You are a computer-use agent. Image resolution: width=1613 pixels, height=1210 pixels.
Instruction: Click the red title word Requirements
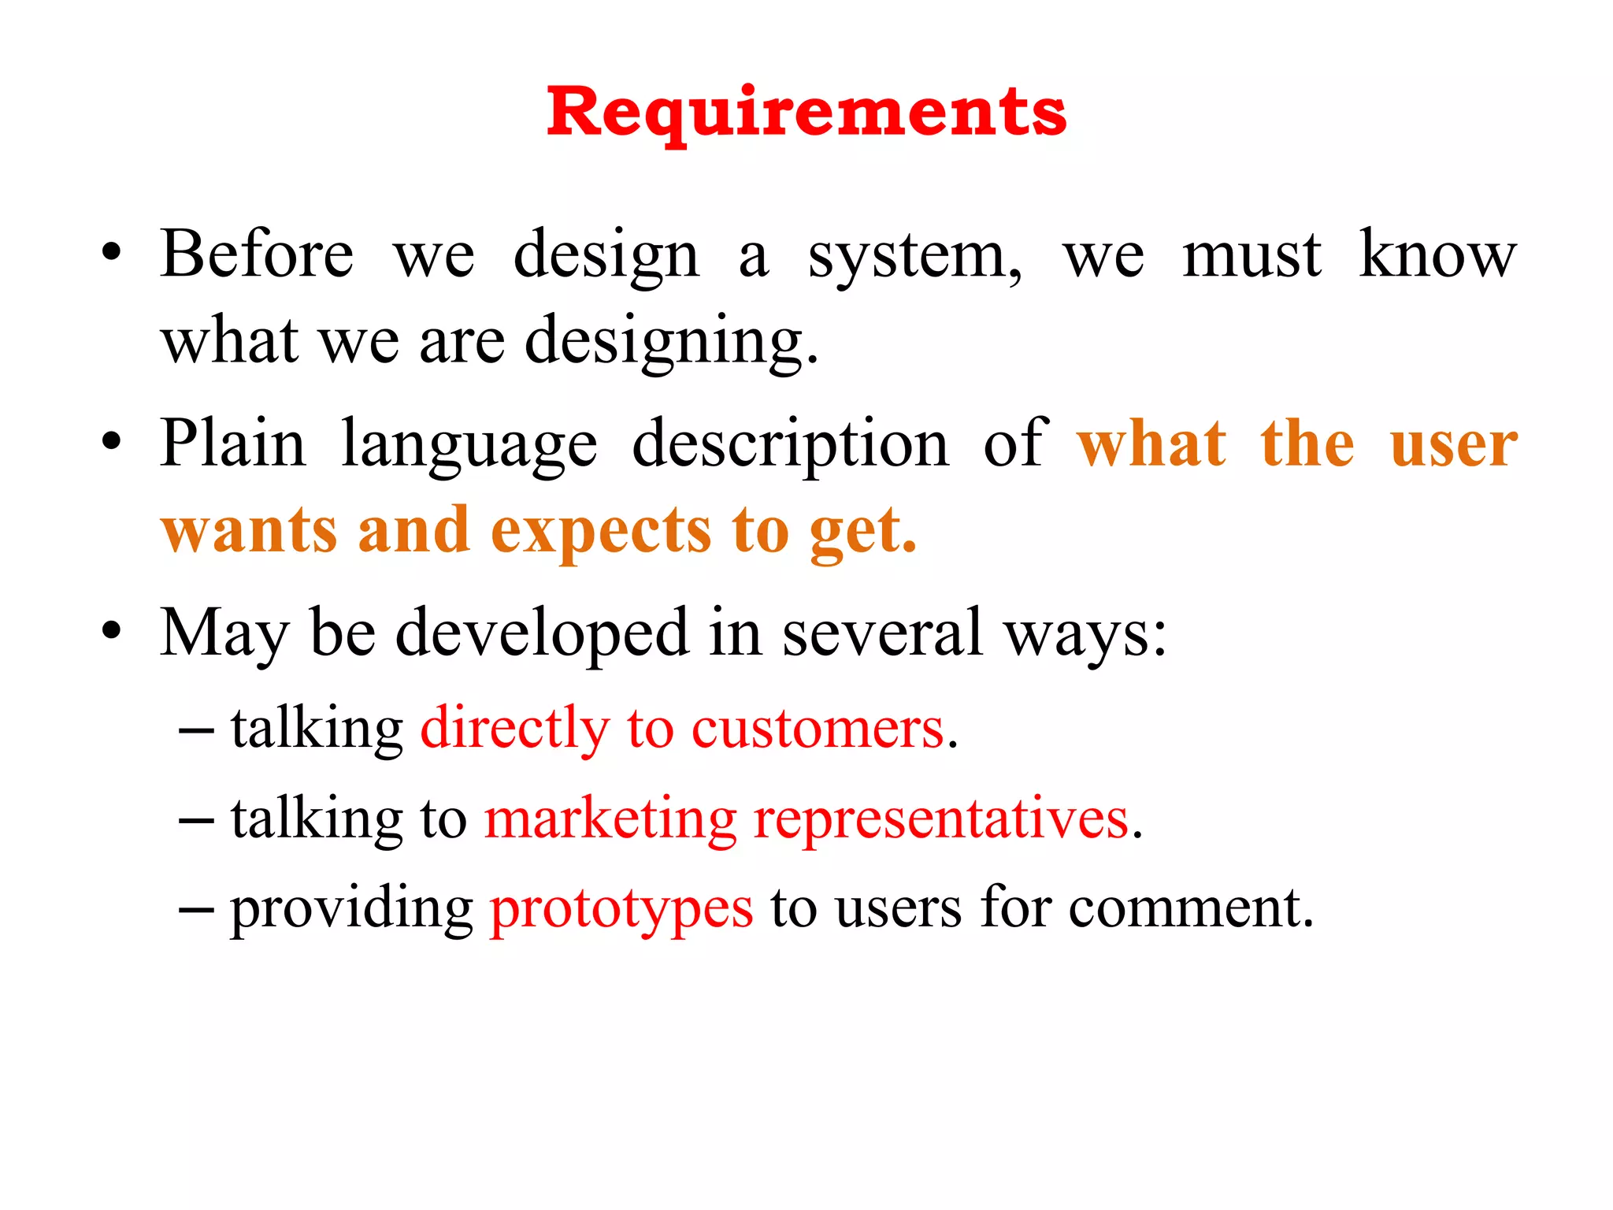[806, 112]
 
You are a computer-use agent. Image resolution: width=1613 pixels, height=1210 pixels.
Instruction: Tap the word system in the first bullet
[914, 257]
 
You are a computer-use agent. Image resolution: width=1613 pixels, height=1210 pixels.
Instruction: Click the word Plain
[232, 443]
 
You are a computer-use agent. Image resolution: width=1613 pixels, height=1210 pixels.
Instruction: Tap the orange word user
[1453, 444]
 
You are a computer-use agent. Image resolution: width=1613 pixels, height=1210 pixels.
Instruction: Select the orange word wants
[250, 531]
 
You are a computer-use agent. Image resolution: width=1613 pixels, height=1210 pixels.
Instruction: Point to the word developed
[542, 633]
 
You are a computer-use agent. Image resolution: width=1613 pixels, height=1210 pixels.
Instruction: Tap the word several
[882, 632]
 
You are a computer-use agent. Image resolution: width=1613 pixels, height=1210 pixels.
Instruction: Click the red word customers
[818, 728]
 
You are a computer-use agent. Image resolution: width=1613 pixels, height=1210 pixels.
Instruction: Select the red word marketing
[610, 820]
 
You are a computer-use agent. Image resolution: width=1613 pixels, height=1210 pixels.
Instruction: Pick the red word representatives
[941, 818]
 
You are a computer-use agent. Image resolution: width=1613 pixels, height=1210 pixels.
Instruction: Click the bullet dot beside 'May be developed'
[112, 630]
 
